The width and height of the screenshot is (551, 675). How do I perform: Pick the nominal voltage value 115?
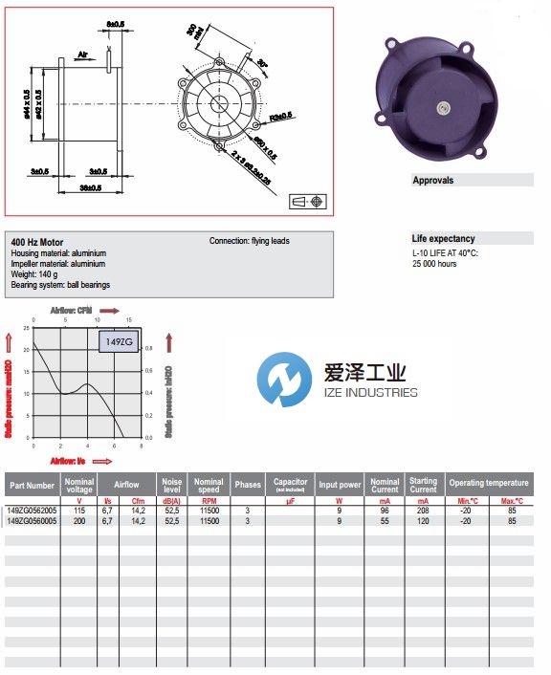tap(78, 511)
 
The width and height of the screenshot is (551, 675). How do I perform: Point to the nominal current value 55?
tap(385, 521)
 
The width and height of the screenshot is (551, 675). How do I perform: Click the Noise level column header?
tap(172, 485)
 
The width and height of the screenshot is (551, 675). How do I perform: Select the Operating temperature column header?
tap(487, 484)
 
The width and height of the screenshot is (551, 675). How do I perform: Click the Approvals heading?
tap(432, 180)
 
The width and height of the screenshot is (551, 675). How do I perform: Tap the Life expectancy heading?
tap(443, 238)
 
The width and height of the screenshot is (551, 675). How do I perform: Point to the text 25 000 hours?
tap(434, 264)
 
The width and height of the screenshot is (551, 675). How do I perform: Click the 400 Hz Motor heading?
tap(38, 243)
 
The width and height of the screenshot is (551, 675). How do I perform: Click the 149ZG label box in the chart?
tap(115, 339)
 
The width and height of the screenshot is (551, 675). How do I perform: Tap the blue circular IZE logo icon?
tap(284, 380)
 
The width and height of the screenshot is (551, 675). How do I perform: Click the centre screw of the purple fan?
tap(445, 113)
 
